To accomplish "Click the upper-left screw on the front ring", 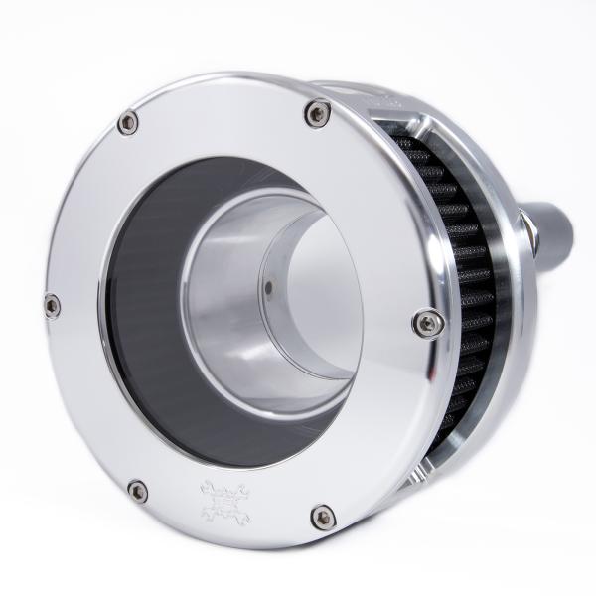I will pyautogui.click(x=128, y=123).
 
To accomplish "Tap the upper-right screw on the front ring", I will pyautogui.click(x=317, y=113).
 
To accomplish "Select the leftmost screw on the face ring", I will pyautogui.click(x=52, y=306).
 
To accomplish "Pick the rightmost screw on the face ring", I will pyautogui.click(x=427, y=321).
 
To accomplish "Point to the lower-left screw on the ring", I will pyautogui.click(x=138, y=491).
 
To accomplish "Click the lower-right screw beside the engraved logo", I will pyautogui.click(x=322, y=517).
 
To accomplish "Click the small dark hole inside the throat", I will pyautogui.click(x=269, y=291).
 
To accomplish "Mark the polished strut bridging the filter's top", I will pyautogui.click(x=422, y=134).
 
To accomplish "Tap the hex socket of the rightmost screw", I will pyautogui.click(x=427, y=321).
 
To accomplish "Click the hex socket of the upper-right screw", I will pyautogui.click(x=317, y=113).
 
